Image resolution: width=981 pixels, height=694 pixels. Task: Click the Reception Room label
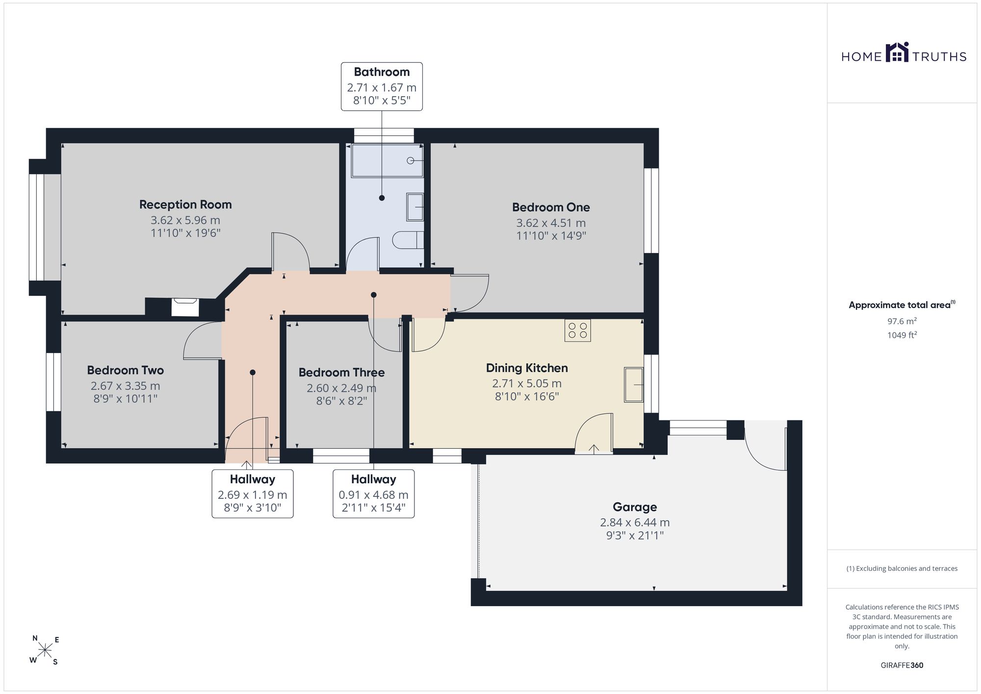[185, 205]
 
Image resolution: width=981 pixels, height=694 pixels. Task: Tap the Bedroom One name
[551, 207]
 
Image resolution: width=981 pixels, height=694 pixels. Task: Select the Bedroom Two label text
[126, 370]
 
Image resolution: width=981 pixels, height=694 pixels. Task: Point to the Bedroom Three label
[341, 372]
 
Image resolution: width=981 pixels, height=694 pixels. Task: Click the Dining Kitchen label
[527, 368]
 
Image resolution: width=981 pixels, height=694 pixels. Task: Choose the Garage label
[635, 507]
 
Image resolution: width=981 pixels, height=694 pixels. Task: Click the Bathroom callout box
[382, 86]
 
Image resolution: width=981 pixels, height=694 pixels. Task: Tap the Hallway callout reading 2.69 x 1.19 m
[253, 494]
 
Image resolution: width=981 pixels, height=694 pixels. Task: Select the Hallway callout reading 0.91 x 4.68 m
[374, 494]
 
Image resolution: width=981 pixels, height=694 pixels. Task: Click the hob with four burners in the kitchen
[578, 330]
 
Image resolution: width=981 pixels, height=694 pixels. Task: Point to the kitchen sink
[634, 385]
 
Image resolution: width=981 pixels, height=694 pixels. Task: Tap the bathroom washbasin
[415, 207]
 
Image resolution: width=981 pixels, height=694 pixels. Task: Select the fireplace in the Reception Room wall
[184, 308]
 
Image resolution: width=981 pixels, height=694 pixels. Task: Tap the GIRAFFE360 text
[902, 666]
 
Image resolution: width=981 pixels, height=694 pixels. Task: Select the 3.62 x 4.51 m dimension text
[551, 223]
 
